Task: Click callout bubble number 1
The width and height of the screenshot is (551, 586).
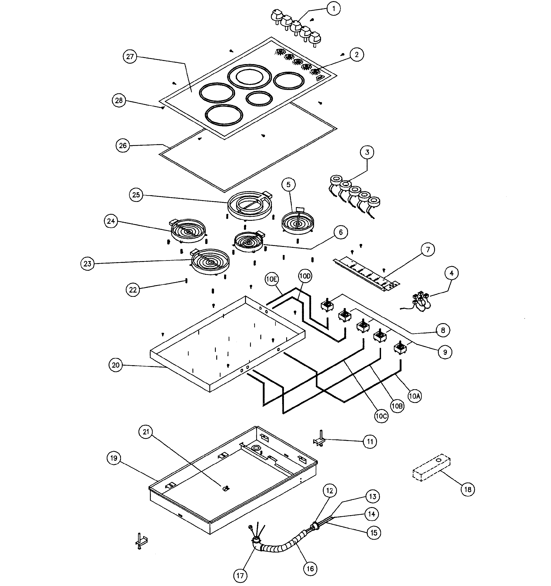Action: [334, 9]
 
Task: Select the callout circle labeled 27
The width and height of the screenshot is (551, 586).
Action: [130, 57]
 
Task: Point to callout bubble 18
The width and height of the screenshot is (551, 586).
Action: [468, 490]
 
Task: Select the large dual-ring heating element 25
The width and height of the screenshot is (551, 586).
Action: [250, 205]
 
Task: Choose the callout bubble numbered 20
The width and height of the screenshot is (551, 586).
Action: [116, 365]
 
